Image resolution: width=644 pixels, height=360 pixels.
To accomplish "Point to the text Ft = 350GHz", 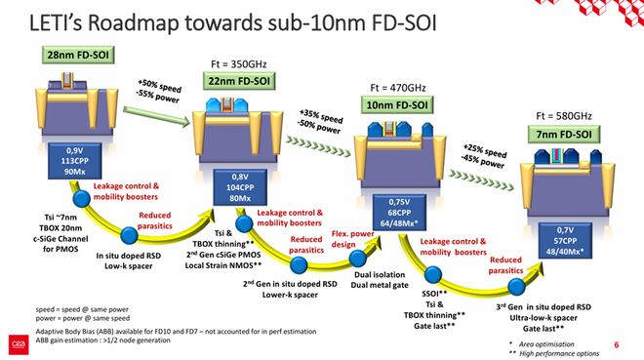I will [x=238, y=64].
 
